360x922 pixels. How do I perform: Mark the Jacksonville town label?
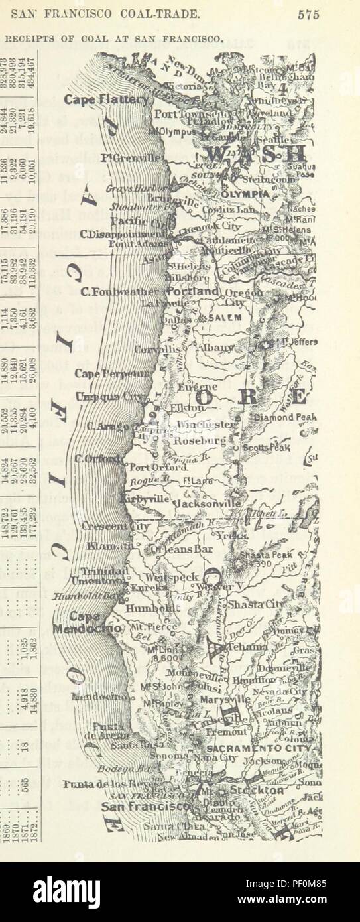click(208, 503)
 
